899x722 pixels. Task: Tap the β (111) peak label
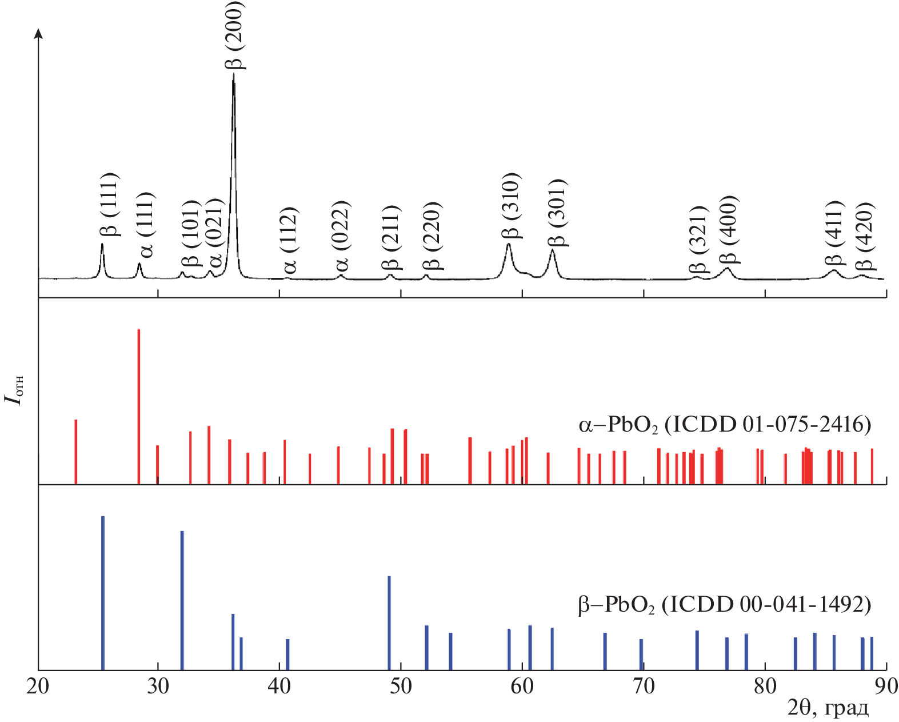click(109, 204)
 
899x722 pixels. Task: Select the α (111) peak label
click(145, 225)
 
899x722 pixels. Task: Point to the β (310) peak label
click(511, 205)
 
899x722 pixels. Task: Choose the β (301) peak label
click(555, 212)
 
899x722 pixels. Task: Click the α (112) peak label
click(290, 240)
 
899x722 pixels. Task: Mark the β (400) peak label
click(729, 229)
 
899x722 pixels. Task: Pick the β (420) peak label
click(865, 236)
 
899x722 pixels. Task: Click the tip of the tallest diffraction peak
click(233, 74)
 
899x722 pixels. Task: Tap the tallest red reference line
click(139, 406)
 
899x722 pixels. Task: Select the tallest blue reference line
click(103, 592)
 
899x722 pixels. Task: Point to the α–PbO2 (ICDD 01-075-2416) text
click(725, 425)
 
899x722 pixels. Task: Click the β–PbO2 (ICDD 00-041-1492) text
click(725, 604)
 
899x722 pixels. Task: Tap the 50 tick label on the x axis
click(401, 687)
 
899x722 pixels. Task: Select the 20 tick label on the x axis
click(38, 687)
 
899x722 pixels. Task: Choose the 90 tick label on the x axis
click(886, 687)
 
